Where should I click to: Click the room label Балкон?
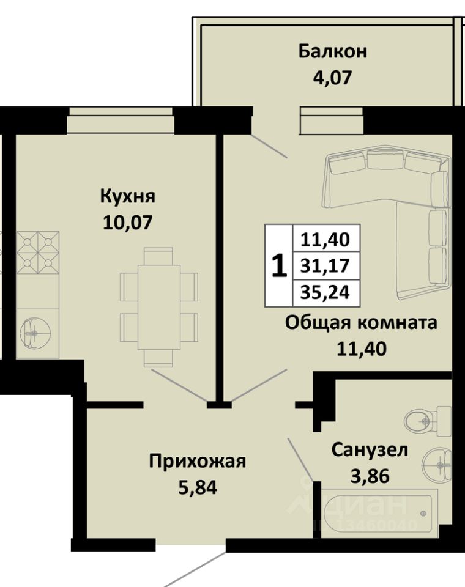(333, 51)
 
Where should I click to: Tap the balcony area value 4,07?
(333, 78)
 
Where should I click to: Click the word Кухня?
(127, 196)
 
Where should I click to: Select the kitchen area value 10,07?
(127, 223)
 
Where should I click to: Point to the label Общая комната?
(361, 323)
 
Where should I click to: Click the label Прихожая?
(198, 462)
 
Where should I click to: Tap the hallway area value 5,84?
(198, 487)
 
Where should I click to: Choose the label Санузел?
(370, 451)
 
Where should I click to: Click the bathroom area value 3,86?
(370, 476)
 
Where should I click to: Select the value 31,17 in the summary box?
(325, 266)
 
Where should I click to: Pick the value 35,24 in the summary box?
(325, 292)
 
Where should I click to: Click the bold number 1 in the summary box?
(279, 266)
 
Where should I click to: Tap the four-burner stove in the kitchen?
(38, 253)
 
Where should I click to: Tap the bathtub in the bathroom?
(379, 513)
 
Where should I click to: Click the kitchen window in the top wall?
(121, 120)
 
